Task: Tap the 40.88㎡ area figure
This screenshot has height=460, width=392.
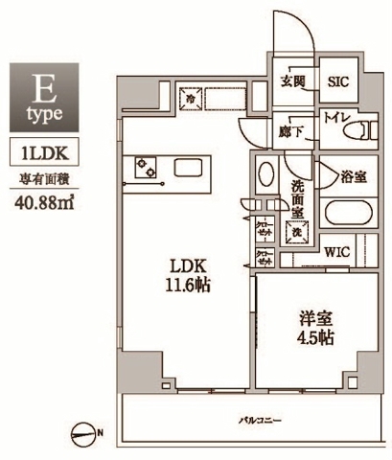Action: point(44,200)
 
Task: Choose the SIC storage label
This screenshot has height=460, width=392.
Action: point(338,82)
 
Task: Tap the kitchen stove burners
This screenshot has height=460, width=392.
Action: point(147,169)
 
